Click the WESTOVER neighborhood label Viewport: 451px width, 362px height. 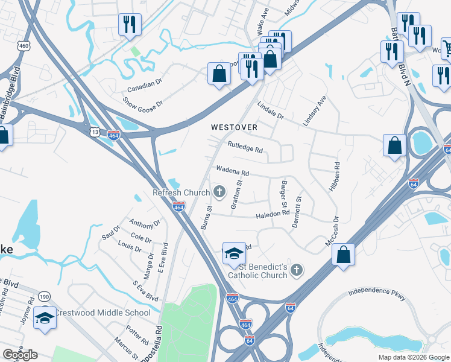coord(234,127)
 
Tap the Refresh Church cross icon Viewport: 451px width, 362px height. coord(219,193)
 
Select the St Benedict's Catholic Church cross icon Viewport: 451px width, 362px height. coord(296,270)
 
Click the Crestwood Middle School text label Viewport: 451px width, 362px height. coord(102,313)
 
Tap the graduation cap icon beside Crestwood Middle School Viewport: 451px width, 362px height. coord(45,317)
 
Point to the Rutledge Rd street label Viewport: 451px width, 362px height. coord(245,147)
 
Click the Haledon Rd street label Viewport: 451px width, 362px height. coord(273,214)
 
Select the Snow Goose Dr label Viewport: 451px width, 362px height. coord(142,103)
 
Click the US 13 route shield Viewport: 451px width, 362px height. coord(94,130)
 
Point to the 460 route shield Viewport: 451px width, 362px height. coord(24,46)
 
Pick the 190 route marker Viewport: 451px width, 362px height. coord(45,296)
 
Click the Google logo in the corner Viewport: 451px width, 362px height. coord(20,355)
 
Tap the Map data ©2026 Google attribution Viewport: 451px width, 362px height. coord(413,357)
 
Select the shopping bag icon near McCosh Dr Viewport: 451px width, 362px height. coord(343,254)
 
